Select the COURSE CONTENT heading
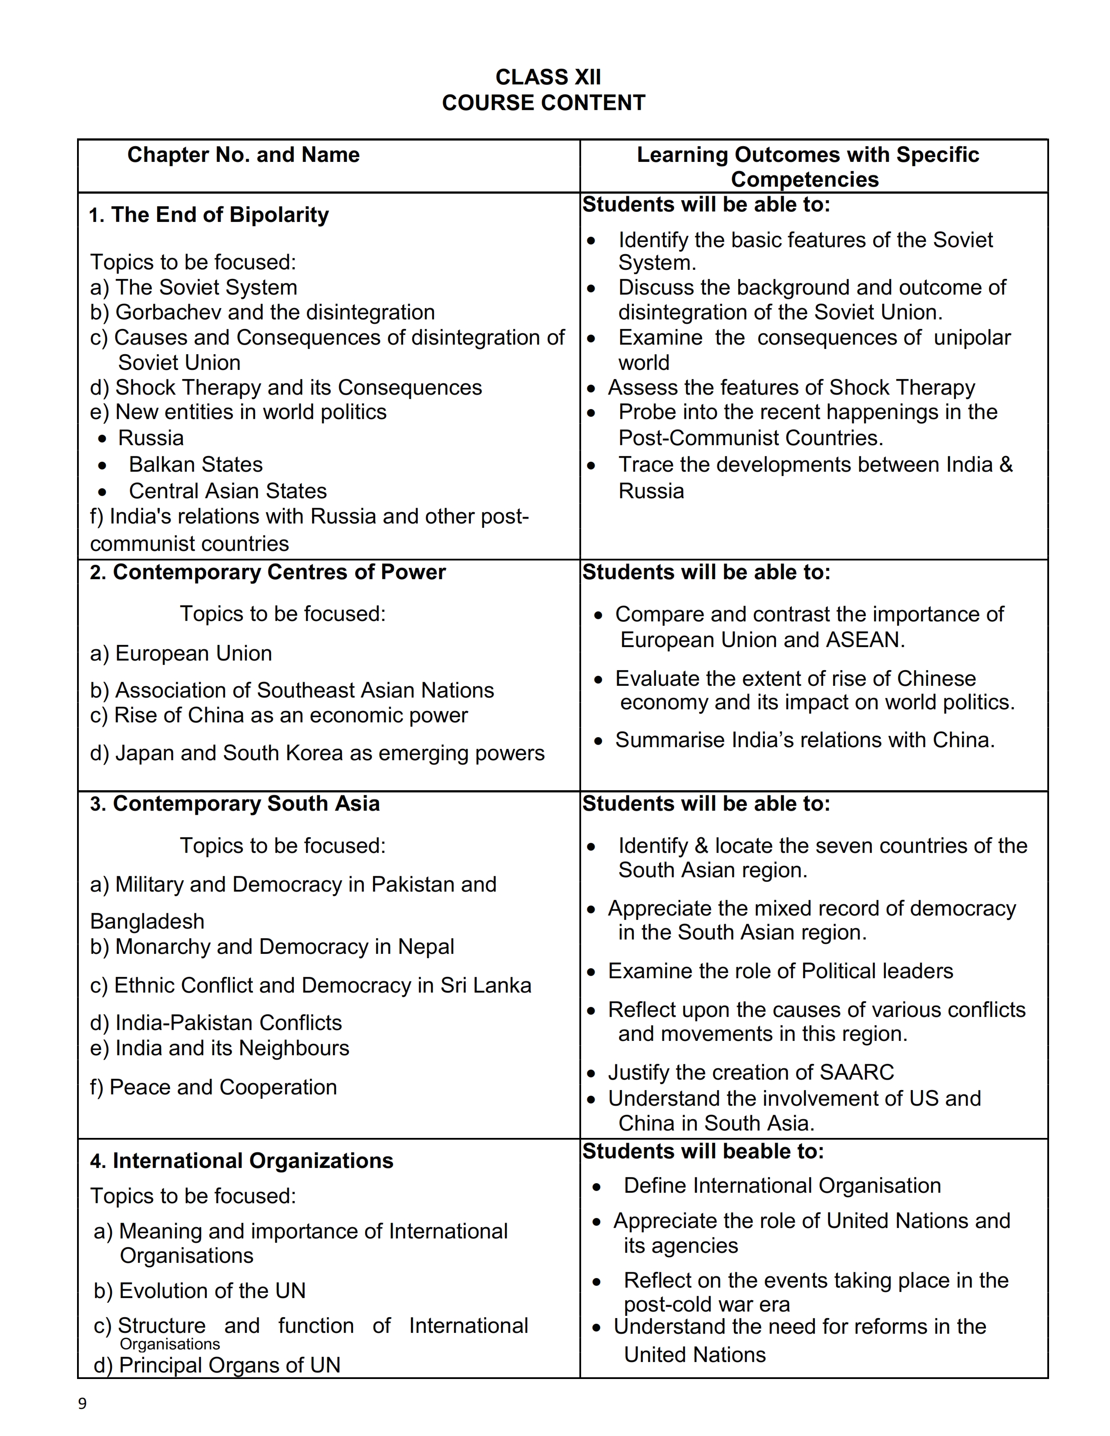pyautogui.click(x=543, y=103)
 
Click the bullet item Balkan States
pyautogui.click(x=195, y=465)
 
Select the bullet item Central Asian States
pyautogui.click(x=228, y=491)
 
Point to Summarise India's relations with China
pyautogui.click(x=804, y=740)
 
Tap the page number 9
pyautogui.click(x=82, y=1404)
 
